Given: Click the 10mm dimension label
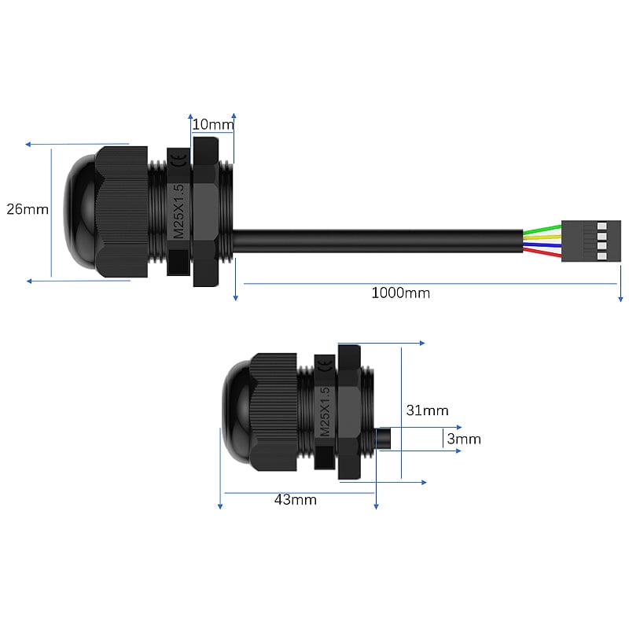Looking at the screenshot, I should (212, 124).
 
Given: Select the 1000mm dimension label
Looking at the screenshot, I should (400, 292).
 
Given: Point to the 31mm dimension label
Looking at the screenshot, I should (427, 410).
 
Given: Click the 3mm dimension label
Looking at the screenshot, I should (463, 440).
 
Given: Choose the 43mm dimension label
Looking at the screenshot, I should (295, 499).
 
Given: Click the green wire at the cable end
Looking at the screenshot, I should (543, 229).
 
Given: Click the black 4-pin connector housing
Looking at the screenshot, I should (591, 241).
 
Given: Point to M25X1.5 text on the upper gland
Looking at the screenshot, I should (178, 212).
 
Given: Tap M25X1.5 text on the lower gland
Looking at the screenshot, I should (325, 412).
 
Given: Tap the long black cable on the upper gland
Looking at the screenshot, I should (377, 241).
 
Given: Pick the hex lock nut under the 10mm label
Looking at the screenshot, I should (206, 212).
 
